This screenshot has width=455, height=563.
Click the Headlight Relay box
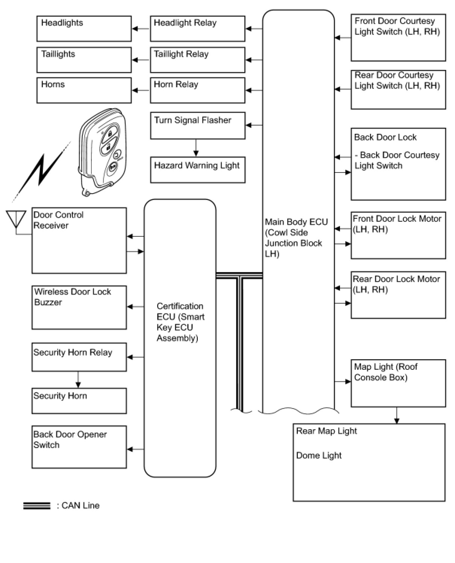coord(197,29)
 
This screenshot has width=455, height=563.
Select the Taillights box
coord(84,60)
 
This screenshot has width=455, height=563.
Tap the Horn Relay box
coord(197,90)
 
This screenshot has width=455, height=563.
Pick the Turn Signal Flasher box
coord(197,126)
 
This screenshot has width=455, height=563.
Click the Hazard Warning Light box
coord(197,170)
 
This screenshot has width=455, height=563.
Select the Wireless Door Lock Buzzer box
coord(79,307)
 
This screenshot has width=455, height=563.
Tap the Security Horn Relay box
coord(79,357)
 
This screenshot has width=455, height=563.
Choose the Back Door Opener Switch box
coord(79,447)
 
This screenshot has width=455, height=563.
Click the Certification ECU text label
coord(180,322)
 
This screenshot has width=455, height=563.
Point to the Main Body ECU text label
coord(296,238)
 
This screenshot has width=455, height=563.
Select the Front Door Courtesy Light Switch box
coord(398,38)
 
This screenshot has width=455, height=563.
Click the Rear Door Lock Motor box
coord(398,295)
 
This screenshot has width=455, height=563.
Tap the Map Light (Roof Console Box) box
coord(398,383)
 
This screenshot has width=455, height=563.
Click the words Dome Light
coord(319,456)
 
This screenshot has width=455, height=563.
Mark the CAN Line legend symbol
coord(37,506)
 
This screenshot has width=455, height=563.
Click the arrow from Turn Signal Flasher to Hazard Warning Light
coord(196,148)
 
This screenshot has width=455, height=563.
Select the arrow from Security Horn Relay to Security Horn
coord(78,380)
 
